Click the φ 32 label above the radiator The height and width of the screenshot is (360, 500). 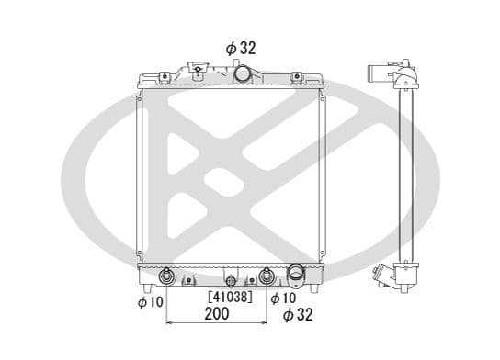click(241, 48)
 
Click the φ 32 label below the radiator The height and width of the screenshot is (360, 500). click(298, 314)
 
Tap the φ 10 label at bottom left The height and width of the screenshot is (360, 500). click(151, 302)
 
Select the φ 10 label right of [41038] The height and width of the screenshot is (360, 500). click(283, 298)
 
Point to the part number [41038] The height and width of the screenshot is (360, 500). click(230, 297)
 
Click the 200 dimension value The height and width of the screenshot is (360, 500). click(217, 313)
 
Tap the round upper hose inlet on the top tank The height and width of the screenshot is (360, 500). click(242, 73)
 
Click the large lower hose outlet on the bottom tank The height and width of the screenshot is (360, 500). click(296, 276)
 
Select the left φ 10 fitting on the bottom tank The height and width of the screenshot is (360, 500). click(166, 276)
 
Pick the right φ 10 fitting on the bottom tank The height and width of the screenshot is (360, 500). click(266, 276)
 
